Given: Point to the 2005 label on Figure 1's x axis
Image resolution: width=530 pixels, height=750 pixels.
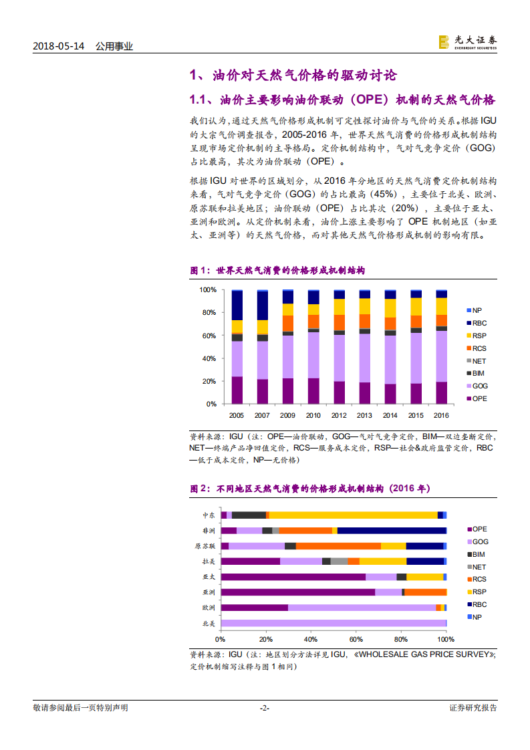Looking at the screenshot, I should coord(237,415).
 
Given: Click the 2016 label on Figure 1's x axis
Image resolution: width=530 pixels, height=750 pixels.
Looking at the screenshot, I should coord(442,415).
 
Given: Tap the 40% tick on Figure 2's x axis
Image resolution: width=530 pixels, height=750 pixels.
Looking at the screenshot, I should coord(310,638).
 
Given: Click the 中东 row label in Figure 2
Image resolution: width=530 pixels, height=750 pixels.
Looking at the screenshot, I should coord(209,515).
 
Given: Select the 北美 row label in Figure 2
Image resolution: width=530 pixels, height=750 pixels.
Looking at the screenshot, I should coord(209,623).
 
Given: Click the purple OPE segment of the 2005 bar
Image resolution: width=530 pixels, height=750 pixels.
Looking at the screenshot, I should coord(237,390).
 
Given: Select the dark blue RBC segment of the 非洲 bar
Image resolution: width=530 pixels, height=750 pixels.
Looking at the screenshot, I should coord(392,531).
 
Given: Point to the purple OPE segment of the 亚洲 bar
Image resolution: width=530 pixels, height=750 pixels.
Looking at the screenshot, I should coord(298,592).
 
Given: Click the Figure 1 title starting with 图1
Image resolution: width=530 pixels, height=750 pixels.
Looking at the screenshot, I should coord(277,271).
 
